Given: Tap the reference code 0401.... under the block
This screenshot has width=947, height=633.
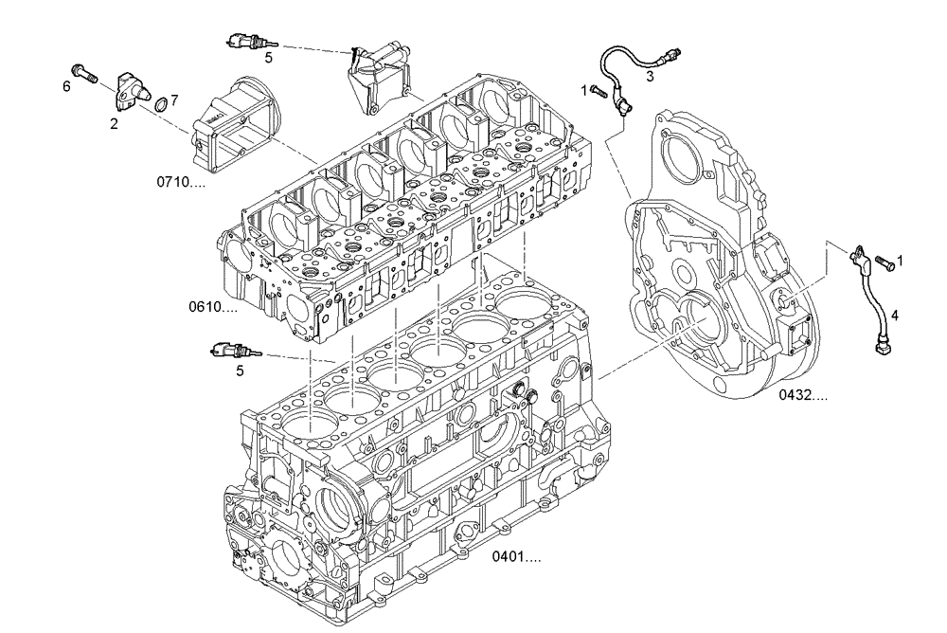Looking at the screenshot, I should [x=517, y=558].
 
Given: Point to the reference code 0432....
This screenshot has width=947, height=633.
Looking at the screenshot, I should [x=803, y=394].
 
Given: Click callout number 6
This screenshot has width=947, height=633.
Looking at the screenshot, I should [x=66, y=86].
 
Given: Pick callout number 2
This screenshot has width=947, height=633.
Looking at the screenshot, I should [x=113, y=122].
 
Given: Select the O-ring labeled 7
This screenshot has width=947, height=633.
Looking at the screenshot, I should [x=162, y=102].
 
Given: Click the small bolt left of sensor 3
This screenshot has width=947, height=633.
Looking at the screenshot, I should [x=597, y=90].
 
